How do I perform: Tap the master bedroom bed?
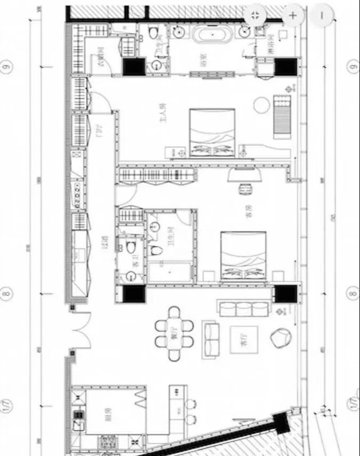tap(212, 133)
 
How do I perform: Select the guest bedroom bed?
tap(243, 255)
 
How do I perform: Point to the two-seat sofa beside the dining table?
tap(211, 340)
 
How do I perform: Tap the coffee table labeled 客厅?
tap(243, 339)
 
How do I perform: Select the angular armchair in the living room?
tap(281, 339)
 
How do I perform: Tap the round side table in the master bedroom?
tap(261, 104)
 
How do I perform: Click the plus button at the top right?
tap(293, 15)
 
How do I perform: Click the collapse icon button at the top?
tap(255, 15)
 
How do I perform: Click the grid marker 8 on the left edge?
tap(7, 293)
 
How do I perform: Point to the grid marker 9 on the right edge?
tap(352, 67)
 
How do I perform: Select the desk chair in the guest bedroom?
tap(244, 189)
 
